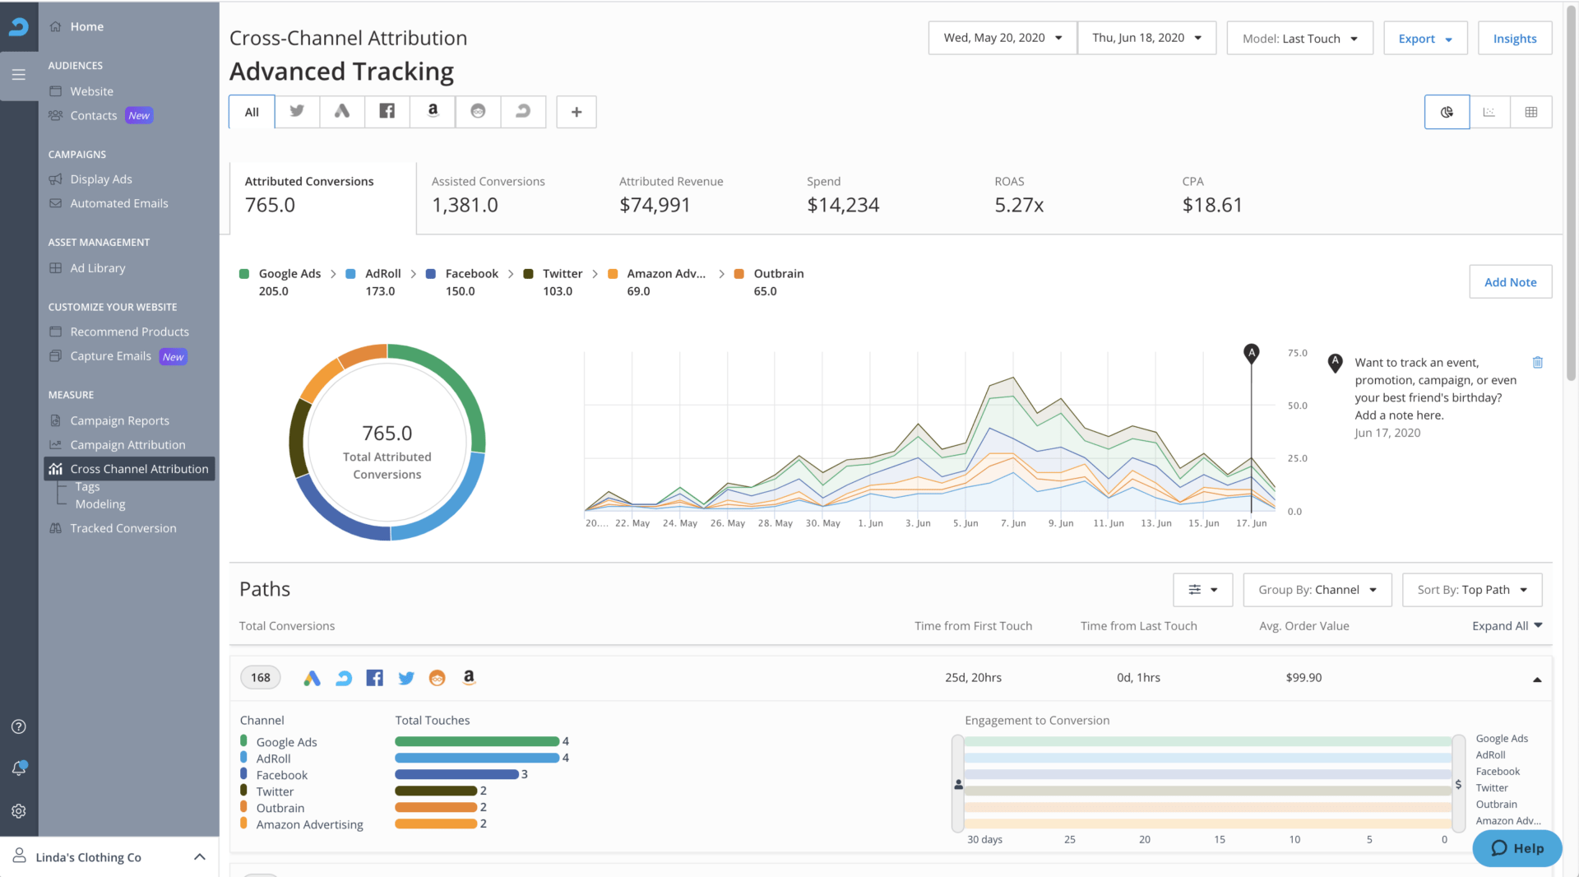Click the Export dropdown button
coord(1425,39)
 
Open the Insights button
coord(1514,39)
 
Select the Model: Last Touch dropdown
coord(1299,39)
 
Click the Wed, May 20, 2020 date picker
coord(1002,38)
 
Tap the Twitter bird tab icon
coord(297,111)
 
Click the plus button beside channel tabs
coord(576,112)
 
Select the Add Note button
coord(1510,282)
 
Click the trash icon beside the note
coord(1537,363)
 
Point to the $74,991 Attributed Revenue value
coord(655,205)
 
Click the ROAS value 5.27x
coord(1018,205)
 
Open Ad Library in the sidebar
coord(97,268)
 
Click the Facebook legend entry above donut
coord(471,274)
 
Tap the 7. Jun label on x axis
coord(1013,523)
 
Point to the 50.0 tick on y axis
coord(1297,406)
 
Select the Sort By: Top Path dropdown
coord(1471,590)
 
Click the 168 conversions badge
coord(260,678)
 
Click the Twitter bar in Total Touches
coord(436,791)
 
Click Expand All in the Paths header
coord(1506,626)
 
